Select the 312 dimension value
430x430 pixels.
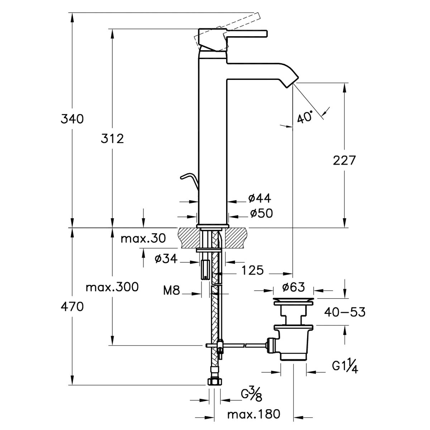tap(112, 139)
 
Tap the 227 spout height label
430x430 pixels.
tap(344, 161)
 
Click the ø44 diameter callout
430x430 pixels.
tap(260, 198)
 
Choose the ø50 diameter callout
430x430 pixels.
tap(261, 213)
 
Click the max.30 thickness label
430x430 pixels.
tap(143, 238)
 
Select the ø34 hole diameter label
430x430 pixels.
tap(166, 259)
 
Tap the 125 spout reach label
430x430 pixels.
tap(252, 271)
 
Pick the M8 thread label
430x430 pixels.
tap(171, 291)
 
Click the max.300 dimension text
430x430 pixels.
tap(112, 287)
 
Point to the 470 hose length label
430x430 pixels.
tap(72, 307)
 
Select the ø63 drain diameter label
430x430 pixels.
tap(293, 287)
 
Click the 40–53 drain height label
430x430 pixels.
tap(345, 312)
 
